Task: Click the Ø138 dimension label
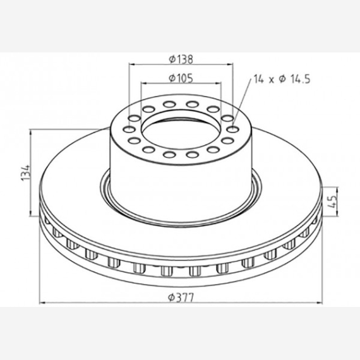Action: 181,59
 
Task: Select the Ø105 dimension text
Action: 181,78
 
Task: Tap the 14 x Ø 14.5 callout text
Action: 282,79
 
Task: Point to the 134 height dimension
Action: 26,172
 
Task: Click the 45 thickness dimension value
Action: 332,201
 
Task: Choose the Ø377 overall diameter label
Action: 181,297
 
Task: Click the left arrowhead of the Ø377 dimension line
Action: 42,303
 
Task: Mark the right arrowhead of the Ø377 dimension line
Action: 319,303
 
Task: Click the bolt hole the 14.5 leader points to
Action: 232,129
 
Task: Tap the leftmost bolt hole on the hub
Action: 129,129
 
